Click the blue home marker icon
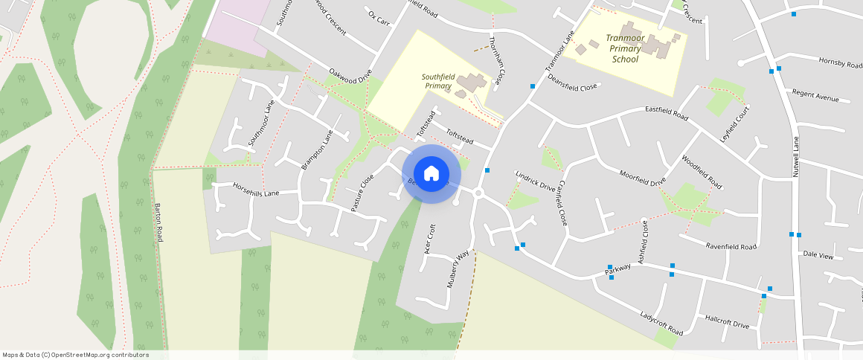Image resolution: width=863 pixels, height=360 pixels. (431, 174)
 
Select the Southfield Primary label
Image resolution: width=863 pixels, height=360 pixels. (437, 81)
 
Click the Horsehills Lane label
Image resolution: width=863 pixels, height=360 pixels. (255, 189)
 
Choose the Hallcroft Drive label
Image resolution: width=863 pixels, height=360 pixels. (727, 320)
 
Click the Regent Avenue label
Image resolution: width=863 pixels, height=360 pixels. (815, 96)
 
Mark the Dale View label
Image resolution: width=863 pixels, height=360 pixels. (818, 254)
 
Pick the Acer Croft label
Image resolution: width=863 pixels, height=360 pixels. (429, 239)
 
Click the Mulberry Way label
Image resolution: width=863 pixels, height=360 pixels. (459, 269)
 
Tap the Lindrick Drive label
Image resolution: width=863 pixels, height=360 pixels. (535, 183)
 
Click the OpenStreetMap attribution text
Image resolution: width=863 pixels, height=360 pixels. (75, 355)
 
